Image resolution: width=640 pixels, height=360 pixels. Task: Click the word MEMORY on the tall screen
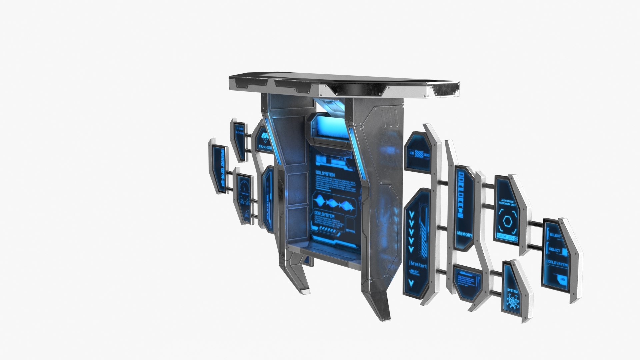click(465, 235)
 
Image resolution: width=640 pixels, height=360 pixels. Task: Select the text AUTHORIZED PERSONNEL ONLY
click(507, 203)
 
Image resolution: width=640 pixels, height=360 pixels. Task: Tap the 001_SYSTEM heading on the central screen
click(325, 174)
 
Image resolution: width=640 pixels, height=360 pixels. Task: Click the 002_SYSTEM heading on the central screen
click(324, 216)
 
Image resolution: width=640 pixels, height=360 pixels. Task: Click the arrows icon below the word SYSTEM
click(512, 302)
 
